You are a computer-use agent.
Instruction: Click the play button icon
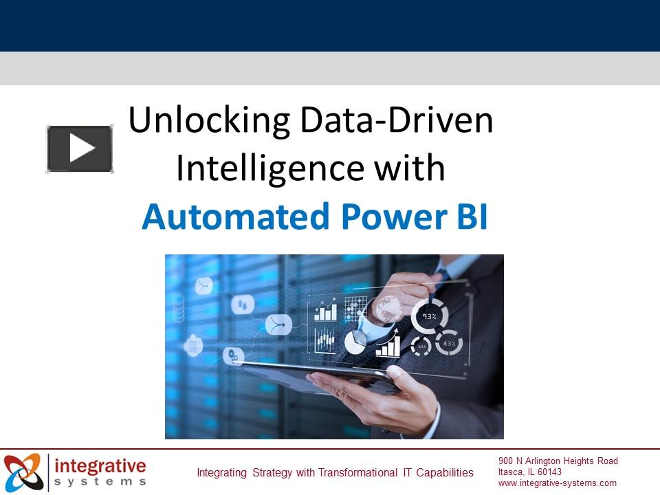80,148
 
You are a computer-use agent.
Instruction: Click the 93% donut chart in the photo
430,317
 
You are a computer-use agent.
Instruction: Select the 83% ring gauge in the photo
448,342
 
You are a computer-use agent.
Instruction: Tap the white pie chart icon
355,342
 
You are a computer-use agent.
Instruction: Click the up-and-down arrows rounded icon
242,304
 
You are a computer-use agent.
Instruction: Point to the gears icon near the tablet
234,355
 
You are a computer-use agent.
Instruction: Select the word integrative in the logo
100,465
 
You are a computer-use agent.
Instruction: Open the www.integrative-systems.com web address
558,483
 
